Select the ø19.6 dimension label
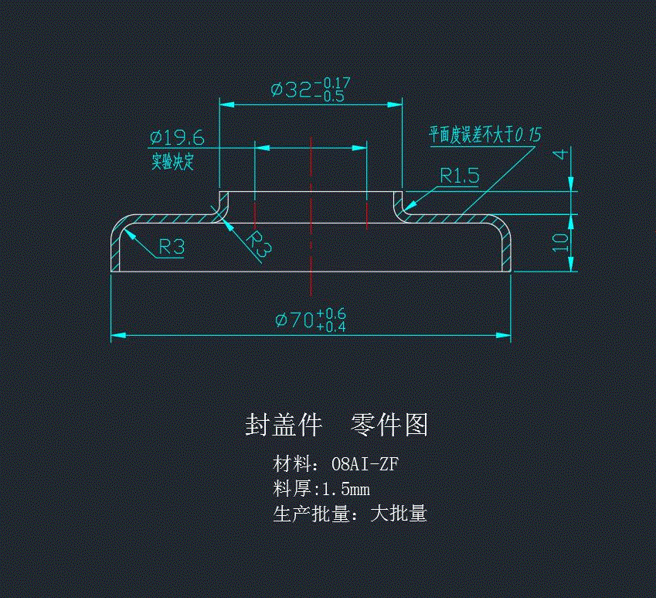pos(177,138)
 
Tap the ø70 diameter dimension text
pos(294,319)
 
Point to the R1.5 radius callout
pos(459,175)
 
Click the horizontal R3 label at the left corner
pos(171,248)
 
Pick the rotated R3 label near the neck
pos(260,244)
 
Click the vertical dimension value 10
pos(561,243)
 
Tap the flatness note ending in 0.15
pos(485,135)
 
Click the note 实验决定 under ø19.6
pos(172,162)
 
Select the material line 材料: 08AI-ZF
pos(336,464)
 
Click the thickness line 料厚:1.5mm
pos(321,489)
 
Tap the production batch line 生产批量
pos(350,514)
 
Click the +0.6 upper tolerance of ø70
pos(331,313)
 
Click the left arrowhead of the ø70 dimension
pos(118,336)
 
